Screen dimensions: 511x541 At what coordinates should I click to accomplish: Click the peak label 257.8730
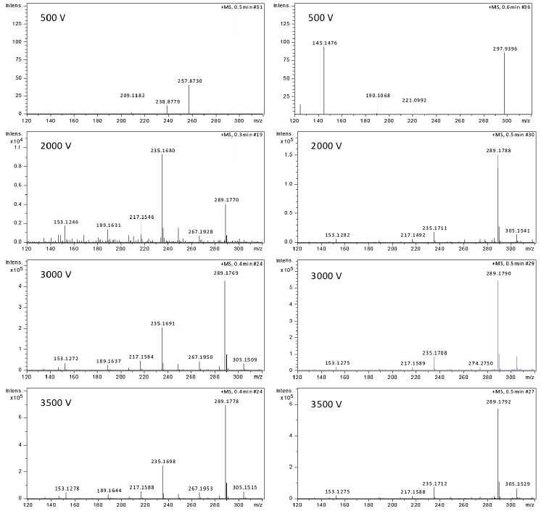[x=189, y=81]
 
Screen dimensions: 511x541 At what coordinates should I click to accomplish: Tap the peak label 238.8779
[x=168, y=101]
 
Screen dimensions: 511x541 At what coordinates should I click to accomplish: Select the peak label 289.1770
[x=226, y=199]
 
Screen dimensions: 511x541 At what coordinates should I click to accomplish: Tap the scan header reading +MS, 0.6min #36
[x=512, y=7]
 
